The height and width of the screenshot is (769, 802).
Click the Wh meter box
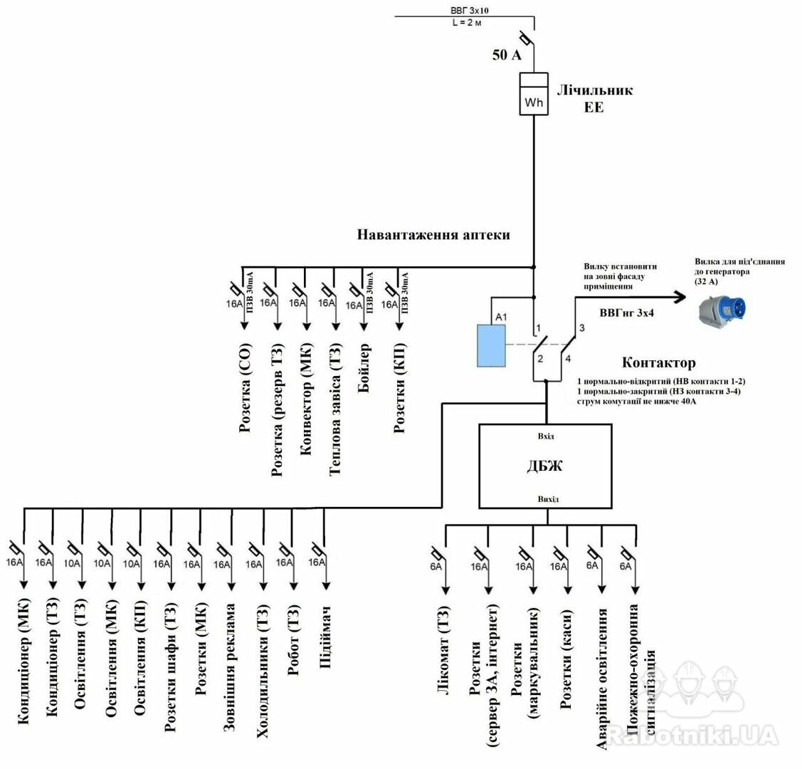point(534,93)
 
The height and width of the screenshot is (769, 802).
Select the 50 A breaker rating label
point(507,55)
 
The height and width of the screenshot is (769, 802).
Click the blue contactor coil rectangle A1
point(491,345)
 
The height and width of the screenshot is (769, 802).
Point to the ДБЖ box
point(545,466)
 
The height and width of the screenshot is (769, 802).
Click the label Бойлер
point(364,368)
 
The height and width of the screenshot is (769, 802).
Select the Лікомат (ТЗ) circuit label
point(444,650)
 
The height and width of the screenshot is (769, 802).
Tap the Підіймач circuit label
point(325,637)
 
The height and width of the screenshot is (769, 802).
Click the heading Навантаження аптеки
point(433,235)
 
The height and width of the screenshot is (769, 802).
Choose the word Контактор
point(658,362)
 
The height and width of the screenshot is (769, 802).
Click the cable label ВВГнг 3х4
point(626,313)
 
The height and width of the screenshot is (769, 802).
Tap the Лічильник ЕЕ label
point(594,98)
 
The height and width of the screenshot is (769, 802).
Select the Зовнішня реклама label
point(229,668)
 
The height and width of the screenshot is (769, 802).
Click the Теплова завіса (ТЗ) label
point(334,409)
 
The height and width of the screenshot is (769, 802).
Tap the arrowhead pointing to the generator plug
point(679,297)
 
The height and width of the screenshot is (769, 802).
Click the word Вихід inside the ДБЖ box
point(548,499)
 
